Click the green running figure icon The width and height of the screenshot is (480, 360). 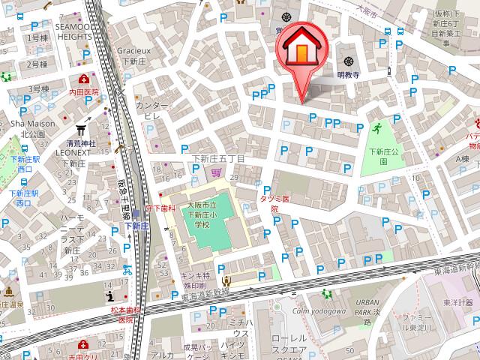point(376,128)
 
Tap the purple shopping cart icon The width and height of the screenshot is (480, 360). point(216,173)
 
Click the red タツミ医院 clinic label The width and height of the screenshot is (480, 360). point(274,201)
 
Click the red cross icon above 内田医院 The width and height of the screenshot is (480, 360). point(82,78)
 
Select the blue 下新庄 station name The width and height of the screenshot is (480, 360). point(135,226)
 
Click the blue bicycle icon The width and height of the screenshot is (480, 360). point(127,270)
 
